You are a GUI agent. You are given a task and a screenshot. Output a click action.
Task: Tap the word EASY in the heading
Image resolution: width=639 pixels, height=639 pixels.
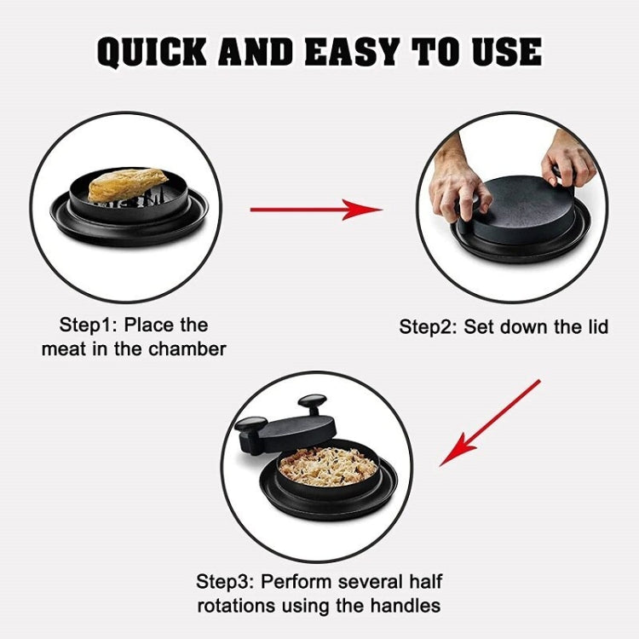[352, 52]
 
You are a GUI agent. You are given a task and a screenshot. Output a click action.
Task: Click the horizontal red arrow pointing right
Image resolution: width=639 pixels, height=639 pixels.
[315, 208]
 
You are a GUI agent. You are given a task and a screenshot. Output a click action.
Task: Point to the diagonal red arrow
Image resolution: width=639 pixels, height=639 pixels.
[490, 423]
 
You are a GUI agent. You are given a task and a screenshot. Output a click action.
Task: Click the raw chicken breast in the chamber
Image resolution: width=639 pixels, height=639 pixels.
[127, 185]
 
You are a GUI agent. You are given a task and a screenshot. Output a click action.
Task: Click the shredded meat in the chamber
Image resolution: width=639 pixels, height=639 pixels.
[328, 464]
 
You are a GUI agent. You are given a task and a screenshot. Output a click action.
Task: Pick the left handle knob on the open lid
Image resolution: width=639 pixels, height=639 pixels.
[250, 423]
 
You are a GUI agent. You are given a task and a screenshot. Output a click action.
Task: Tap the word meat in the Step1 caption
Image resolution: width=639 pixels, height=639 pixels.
[63, 349]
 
